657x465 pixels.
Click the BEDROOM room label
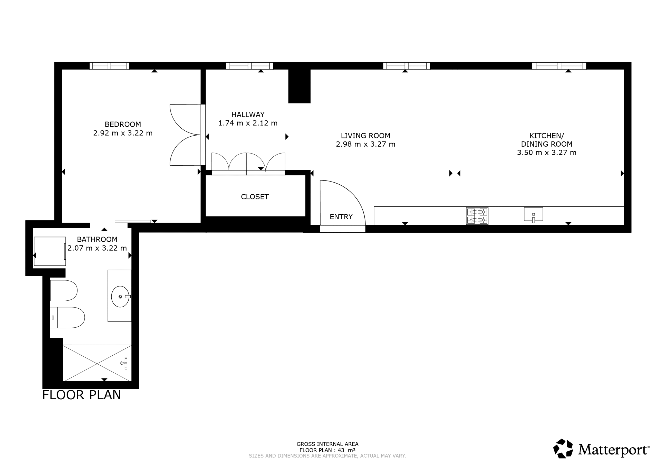[123, 124]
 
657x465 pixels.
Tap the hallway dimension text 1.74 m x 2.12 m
[248, 123]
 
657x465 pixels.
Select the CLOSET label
[255, 197]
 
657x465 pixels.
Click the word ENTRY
[341, 217]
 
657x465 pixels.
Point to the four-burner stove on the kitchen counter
[477, 216]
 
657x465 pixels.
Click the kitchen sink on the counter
[533, 214]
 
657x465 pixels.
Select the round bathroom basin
[120, 297]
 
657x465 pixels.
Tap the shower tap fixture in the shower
[125, 363]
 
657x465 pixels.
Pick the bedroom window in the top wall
[109, 66]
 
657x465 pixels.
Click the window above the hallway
[249, 66]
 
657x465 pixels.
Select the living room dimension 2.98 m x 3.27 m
[365, 144]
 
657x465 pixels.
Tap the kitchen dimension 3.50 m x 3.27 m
[547, 153]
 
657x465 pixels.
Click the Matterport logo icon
[563, 448]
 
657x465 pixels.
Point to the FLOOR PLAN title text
[82, 395]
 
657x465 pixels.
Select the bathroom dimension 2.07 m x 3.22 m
[97, 248]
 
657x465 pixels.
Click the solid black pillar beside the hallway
[299, 86]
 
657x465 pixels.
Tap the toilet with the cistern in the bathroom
[67, 318]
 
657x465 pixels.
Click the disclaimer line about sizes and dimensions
[327, 456]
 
